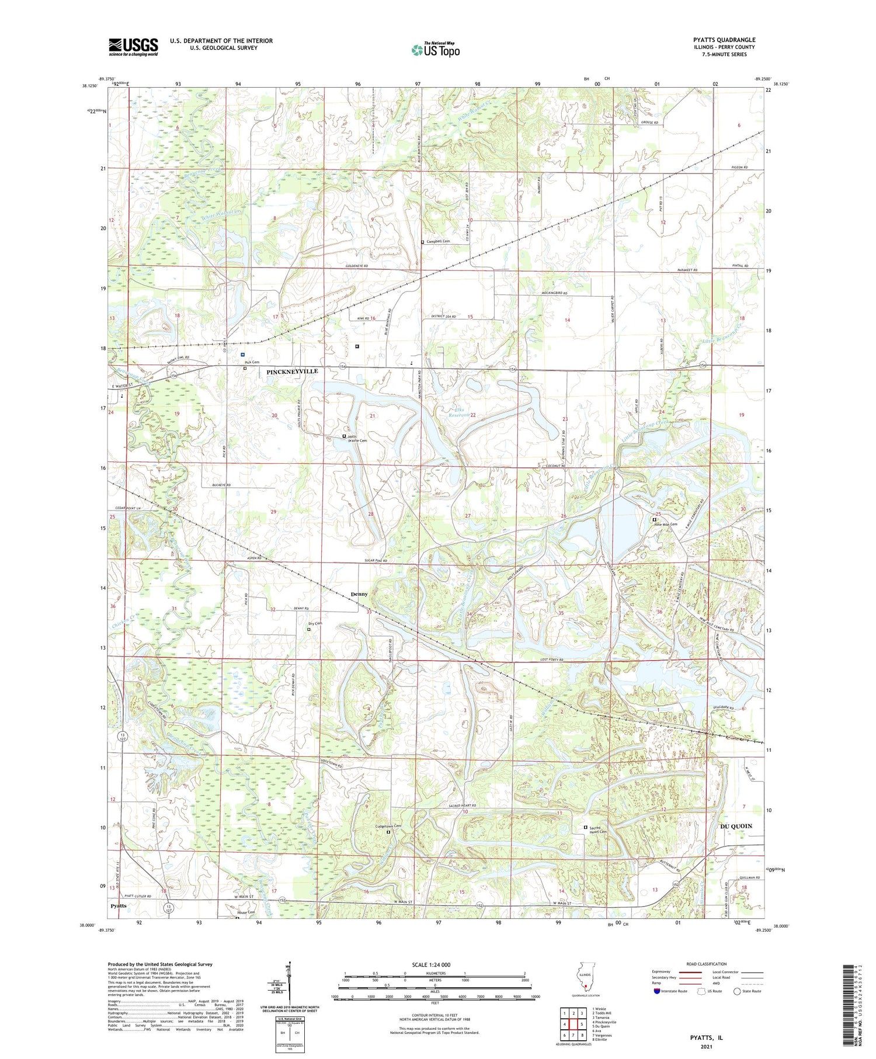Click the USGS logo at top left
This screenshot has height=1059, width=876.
pos(133,47)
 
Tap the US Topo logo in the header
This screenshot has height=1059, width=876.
pos(435,50)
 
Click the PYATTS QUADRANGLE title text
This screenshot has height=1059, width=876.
pos(721,40)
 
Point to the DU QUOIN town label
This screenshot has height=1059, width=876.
pos(735,826)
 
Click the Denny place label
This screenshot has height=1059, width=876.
pos(359,594)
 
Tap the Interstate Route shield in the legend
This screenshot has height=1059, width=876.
pos(658,991)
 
